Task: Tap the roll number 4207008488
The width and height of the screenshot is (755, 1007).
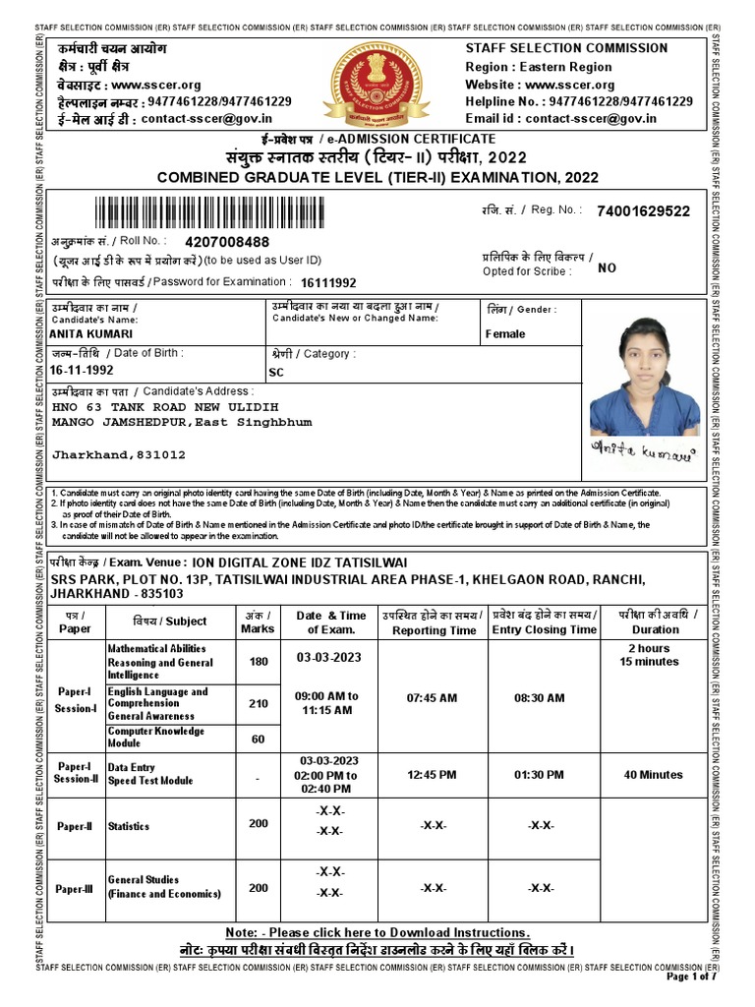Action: pyautogui.click(x=227, y=242)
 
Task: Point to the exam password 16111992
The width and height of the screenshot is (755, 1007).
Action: pyautogui.click(x=328, y=283)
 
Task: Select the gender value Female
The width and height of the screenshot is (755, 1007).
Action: pyautogui.click(x=505, y=334)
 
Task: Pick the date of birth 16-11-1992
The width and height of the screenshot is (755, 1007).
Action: pyautogui.click(x=82, y=371)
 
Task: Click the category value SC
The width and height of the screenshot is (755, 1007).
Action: pyautogui.click(x=276, y=373)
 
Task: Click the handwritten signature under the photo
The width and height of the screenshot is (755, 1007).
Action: pyautogui.click(x=643, y=451)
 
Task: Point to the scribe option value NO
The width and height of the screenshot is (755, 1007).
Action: pyautogui.click(x=608, y=267)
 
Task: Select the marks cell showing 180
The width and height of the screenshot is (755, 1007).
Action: pyautogui.click(x=259, y=662)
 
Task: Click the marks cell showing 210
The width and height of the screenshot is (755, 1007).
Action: pyautogui.click(x=259, y=703)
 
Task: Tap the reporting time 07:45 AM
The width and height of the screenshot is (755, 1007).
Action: pyautogui.click(x=433, y=698)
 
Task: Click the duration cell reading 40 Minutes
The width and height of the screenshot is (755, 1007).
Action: pyautogui.click(x=653, y=775)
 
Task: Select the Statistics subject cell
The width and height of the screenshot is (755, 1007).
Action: pyautogui.click(x=129, y=827)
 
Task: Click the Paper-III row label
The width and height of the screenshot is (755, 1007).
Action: pyautogui.click(x=75, y=889)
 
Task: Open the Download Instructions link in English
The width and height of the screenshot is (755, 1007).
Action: pyautogui.click(x=377, y=932)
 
